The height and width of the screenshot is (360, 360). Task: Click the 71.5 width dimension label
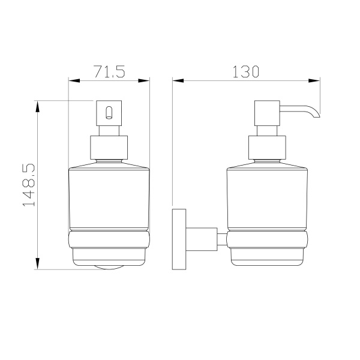(109, 71)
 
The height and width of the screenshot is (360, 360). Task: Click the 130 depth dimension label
(246, 71)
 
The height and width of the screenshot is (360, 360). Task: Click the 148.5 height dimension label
(29, 185)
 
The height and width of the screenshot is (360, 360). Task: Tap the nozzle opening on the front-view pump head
(109, 113)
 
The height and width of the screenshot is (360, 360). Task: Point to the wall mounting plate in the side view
(179, 239)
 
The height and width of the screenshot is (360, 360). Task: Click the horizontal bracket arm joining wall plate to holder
(202, 239)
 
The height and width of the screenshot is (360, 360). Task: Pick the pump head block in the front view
(109, 113)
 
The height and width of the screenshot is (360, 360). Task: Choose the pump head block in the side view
(267, 113)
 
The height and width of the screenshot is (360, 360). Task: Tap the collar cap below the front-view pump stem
(109, 148)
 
